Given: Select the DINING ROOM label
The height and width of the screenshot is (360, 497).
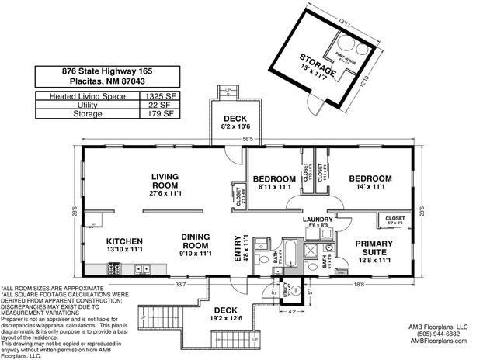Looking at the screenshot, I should point(195,241).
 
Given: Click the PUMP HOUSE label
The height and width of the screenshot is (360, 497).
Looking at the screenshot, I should point(346,57).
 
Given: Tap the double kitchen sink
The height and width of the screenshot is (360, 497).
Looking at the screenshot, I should point(143,269).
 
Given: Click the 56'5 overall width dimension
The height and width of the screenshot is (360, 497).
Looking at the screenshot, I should point(248,140).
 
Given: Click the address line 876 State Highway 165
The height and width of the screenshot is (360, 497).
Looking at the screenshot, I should point(107,71).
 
